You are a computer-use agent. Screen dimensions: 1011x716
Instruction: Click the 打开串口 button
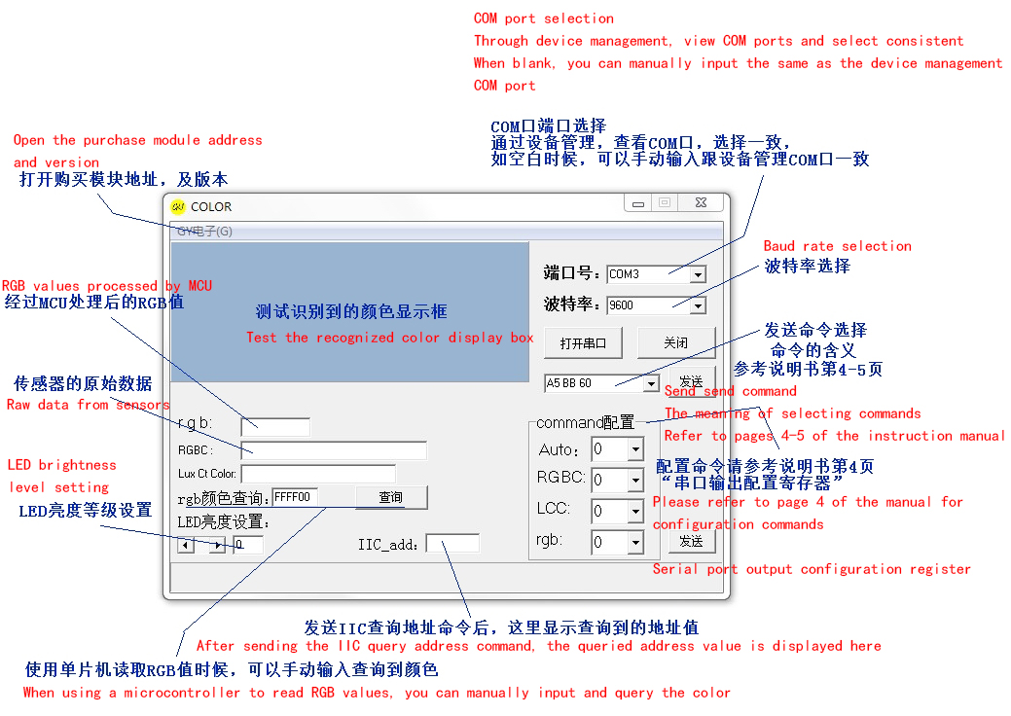pyautogui.click(x=583, y=342)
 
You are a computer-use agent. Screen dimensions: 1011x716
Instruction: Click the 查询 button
pyautogui.click(x=391, y=497)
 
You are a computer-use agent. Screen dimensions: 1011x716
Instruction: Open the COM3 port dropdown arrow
pyautogui.click(x=698, y=275)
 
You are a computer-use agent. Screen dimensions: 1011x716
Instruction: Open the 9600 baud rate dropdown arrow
pyautogui.click(x=698, y=306)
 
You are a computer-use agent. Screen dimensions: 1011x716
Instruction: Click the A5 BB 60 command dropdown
pyautogui.click(x=601, y=383)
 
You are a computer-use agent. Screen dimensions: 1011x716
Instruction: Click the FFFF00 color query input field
pyautogui.click(x=295, y=497)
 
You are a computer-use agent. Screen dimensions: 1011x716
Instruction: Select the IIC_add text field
pyautogui.click(x=452, y=543)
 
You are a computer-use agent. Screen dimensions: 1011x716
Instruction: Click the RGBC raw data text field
pyautogui.click(x=334, y=450)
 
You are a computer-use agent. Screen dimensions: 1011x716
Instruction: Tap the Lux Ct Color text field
pyautogui.click(x=318, y=474)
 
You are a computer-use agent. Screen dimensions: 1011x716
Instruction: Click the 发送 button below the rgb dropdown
pyautogui.click(x=691, y=541)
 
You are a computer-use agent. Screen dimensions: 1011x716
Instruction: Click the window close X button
pyautogui.click(x=701, y=202)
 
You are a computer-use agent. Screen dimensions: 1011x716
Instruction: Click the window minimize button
pyautogui.click(x=638, y=203)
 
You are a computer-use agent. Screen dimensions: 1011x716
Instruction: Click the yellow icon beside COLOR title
pyautogui.click(x=178, y=207)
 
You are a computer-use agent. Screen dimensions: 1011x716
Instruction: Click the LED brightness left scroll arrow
pyautogui.click(x=186, y=545)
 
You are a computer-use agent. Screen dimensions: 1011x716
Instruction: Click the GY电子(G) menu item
pyautogui.click(x=204, y=232)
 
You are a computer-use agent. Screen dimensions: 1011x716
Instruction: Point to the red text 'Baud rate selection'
pyautogui.click(x=838, y=246)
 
